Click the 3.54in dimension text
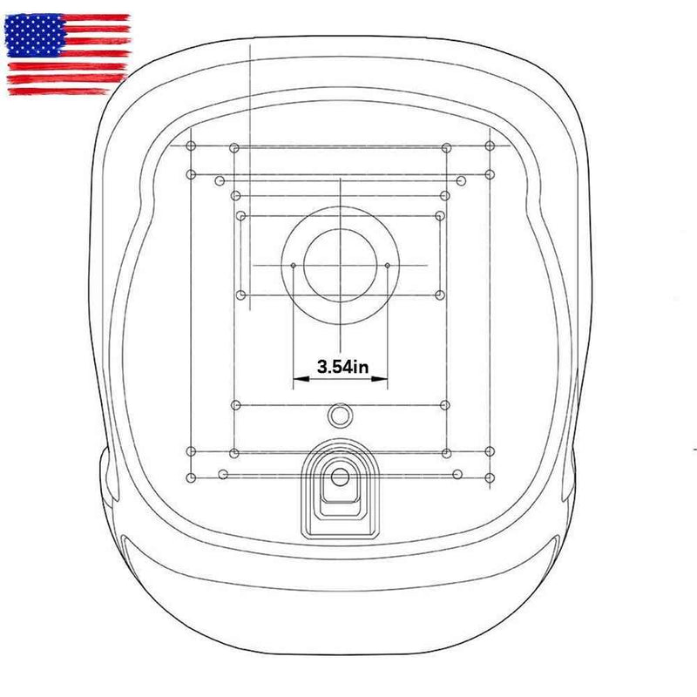(342, 367)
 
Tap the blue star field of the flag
(34, 36)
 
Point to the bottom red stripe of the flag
(59, 91)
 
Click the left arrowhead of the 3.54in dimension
(301, 379)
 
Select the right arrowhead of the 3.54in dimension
(380, 379)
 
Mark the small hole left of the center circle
(294, 266)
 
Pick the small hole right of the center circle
(388, 266)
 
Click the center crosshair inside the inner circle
(341, 266)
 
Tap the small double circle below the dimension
(340, 416)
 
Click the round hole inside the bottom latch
(340, 477)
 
